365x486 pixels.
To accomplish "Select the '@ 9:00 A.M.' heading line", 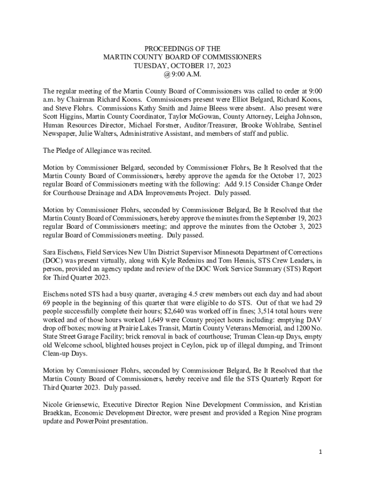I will pos(182,74).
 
